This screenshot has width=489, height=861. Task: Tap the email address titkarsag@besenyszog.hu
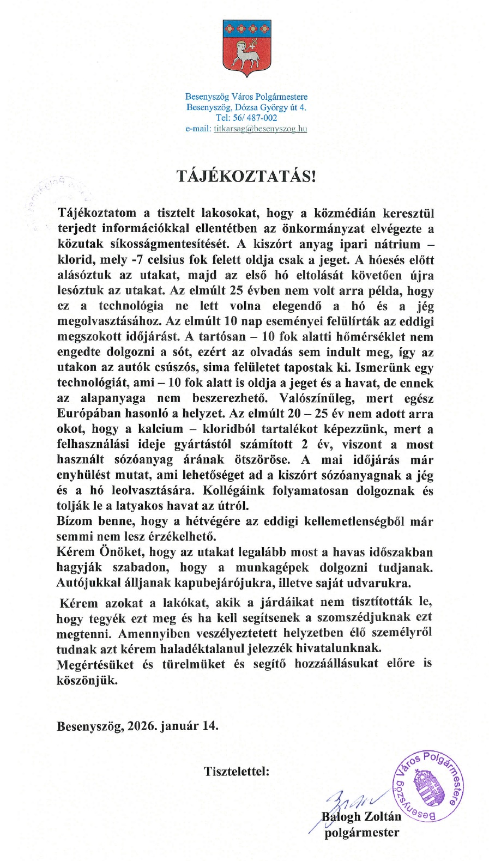pos(261,129)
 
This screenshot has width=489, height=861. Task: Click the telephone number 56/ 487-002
pos(255,118)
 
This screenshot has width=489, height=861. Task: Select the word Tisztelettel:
pos(237,771)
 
